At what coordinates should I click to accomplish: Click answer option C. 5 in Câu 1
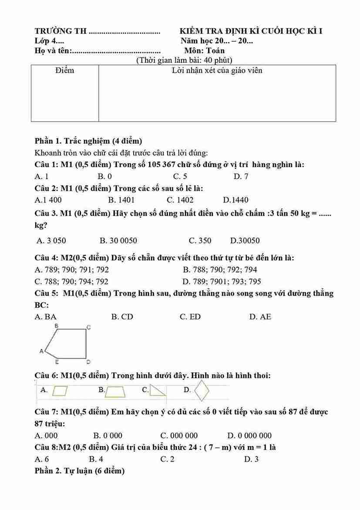tap(180, 176)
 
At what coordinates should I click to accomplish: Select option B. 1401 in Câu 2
tap(121, 200)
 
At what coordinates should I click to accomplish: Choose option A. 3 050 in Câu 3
tap(52, 240)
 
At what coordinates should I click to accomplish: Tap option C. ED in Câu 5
tap(190, 317)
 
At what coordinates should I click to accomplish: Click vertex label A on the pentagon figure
tap(42, 351)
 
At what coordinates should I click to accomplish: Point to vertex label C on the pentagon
tap(88, 327)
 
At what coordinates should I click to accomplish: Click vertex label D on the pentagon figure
tap(88, 361)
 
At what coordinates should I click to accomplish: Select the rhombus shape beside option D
tap(202, 390)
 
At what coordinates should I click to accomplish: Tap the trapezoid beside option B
tap(115, 392)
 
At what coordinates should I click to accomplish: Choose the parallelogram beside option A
tap(60, 390)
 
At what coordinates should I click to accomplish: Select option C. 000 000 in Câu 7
tap(179, 436)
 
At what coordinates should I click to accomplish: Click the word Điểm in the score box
tap(65, 71)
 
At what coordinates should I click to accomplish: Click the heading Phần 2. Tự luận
tap(80, 471)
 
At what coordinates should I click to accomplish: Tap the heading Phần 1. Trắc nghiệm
tap(88, 141)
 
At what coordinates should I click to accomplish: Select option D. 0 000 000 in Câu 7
tap(249, 436)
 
